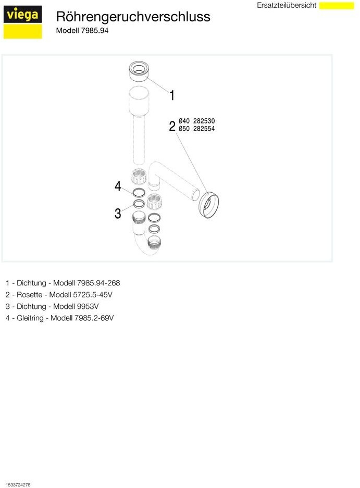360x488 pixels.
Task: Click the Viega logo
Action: (22, 22)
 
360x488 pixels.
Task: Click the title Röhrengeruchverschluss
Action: (133, 17)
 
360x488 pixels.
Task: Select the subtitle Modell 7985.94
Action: (82, 31)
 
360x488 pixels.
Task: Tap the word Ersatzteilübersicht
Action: (286, 5)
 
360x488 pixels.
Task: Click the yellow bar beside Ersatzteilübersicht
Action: (337, 6)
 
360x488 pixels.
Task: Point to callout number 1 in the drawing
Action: (172, 95)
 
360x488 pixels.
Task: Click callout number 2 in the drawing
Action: (172, 127)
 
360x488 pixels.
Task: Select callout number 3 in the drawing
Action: (118, 214)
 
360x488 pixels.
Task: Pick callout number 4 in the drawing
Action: (118, 186)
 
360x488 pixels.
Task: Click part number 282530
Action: (204, 121)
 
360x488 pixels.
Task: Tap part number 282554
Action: (204, 129)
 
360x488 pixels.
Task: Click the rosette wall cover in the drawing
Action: (208, 205)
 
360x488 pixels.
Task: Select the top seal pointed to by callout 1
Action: (139, 71)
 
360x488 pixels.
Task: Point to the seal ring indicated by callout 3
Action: (139, 204)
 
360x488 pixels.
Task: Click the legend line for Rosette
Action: (59, 294)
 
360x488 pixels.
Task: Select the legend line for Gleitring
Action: (59, 318)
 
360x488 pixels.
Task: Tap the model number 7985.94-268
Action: (98, 283)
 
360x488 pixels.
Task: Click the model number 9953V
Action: (88, 306)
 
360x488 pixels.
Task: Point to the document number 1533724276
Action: (18, 484)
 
